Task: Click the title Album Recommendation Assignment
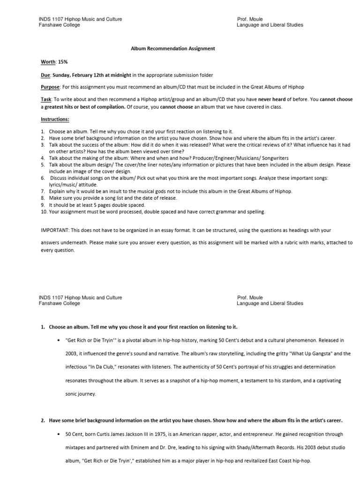point(173,48)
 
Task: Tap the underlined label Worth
point(47,61)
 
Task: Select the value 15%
point(63,61)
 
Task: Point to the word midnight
point(120,75)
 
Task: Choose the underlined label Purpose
point(50,87)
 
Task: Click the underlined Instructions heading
point(55,120)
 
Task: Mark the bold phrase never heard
point(271,100)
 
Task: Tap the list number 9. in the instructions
point(43,205)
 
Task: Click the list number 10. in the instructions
point(44,211)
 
